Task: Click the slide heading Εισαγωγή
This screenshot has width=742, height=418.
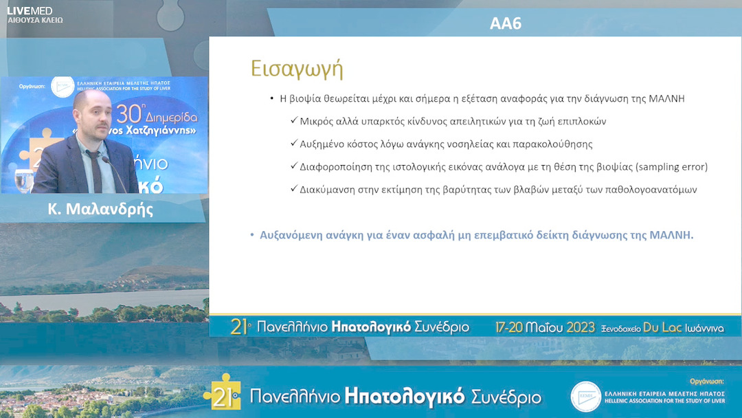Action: tap(296, 70)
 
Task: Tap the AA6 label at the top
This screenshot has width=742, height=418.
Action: tap(506, 23)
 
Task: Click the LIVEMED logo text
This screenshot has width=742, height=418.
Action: tap(30, 10)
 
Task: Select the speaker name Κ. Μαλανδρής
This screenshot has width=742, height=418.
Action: tap(100, 209)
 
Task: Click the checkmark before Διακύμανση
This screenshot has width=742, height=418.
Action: tap(293, 189)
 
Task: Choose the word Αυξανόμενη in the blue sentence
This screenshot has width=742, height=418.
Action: tap(293, 234)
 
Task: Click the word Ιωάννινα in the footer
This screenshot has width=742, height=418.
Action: tap(704, 329)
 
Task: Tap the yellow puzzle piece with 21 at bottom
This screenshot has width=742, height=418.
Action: tap(222, 393)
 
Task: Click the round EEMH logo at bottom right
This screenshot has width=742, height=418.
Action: tap(585, 396)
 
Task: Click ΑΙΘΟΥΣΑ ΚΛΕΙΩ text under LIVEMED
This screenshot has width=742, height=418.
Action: tap(35, 21)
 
